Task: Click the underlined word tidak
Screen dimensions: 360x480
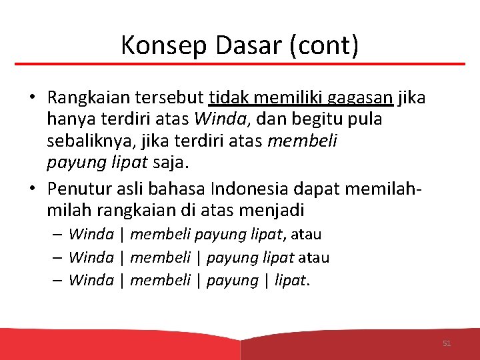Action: click(227, 98)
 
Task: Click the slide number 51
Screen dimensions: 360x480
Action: click(447, 343)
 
